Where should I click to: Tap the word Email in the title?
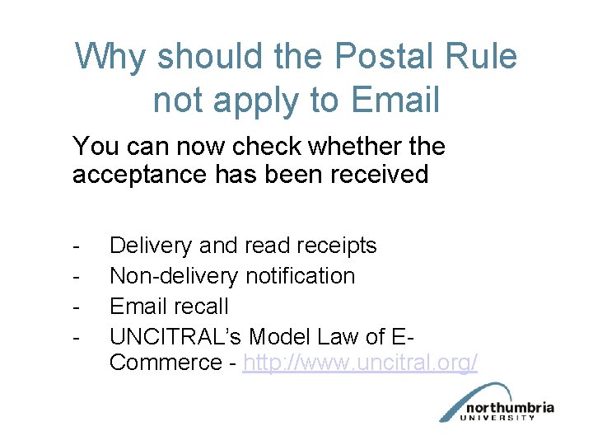pos(395,100)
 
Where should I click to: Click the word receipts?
pos(333,246)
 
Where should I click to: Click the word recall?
pos(202,306)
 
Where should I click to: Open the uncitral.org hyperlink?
pos(360,363)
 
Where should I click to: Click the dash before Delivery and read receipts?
pos(76,246)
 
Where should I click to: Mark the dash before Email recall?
pos(76,307)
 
